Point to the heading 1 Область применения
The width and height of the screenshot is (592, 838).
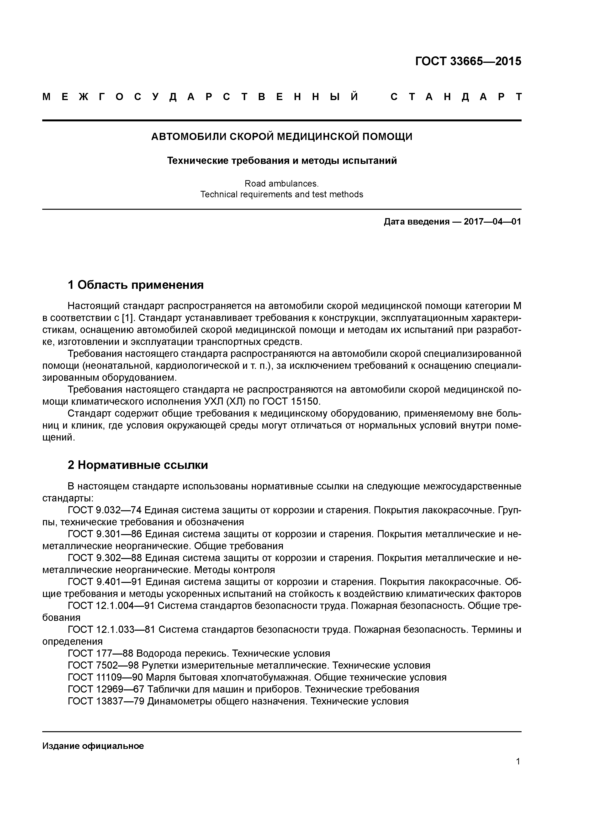point(136,285)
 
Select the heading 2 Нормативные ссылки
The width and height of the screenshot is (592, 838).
point(138,465)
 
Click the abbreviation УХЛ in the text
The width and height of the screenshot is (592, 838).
point(212,402)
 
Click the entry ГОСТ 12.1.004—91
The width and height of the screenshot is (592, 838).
point(111,606)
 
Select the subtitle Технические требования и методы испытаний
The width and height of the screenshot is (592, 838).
point(282,161)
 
